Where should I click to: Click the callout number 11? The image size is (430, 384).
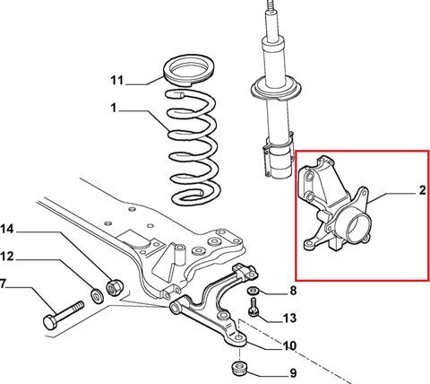click(116, 80)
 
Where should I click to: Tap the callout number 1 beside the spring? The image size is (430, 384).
click(113, 108)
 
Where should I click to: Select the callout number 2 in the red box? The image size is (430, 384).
click(422, 190)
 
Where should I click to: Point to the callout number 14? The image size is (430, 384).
click(7, 230)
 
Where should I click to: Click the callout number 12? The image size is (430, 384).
click(7, 257)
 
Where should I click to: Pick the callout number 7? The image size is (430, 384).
click(3, 284)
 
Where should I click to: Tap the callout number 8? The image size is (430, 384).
click(293, 290)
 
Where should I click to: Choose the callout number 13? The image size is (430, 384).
click(289, 318)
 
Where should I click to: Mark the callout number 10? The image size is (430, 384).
click(289, 345)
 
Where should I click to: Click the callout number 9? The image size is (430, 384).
click(293, 373)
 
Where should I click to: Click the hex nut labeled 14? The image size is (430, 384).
click(115, 287)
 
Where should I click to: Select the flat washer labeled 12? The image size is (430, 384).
click(97, 295)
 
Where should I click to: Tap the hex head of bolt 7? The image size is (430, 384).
click(51, 322)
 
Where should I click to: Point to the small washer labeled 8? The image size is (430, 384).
click(254, 290)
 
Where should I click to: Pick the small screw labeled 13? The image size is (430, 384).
click(254, 307)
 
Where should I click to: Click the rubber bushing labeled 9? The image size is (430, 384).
click(239, 370)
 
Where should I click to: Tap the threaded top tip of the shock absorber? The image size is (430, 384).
click(271, 5)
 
